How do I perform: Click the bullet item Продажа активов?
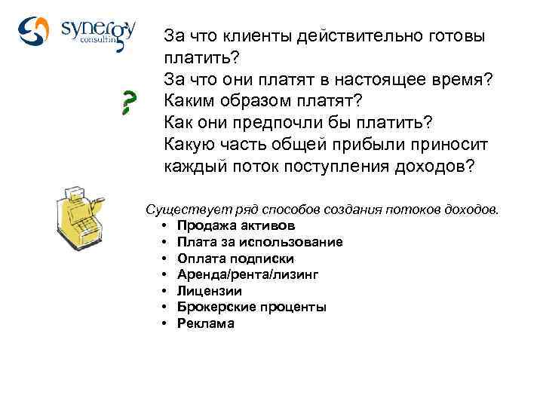(x=236, y=225)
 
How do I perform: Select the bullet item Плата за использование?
(x=259, y=242)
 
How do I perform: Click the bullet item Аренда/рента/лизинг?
(x=247, y=274)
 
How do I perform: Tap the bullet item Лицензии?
(x=210, y=291)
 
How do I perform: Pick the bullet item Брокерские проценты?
(x=251, y=307)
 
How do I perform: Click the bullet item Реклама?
(x=205, y=323)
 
